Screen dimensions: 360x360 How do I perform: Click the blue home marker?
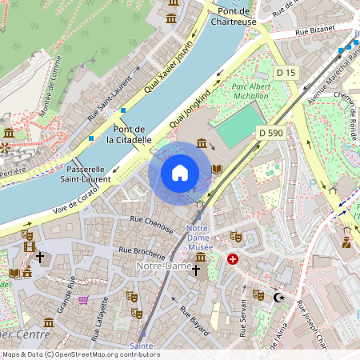tap(180, 173)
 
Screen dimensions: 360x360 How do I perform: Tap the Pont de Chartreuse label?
tap(232, 15)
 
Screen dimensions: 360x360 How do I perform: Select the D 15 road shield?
tap(286, 73)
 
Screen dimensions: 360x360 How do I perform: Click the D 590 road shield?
tap(271, 132)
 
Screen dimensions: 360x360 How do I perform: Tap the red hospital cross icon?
tap(233, 260)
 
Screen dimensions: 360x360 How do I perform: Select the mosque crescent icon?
tap(279, 298)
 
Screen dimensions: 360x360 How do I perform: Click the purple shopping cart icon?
tap(83, 300)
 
